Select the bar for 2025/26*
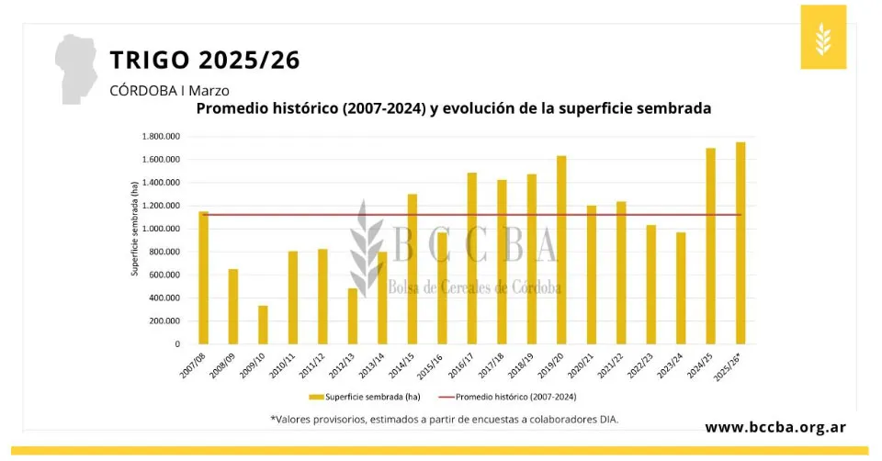[741, 243]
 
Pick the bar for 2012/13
[352, 316]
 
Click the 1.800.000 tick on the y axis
[161, 137]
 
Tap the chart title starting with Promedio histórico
[454, 108]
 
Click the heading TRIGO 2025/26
[204, 61]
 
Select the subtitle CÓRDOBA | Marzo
[169, 90]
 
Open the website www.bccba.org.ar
[775, 427]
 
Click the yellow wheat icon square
[822, 37]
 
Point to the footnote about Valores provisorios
[445, 419]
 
